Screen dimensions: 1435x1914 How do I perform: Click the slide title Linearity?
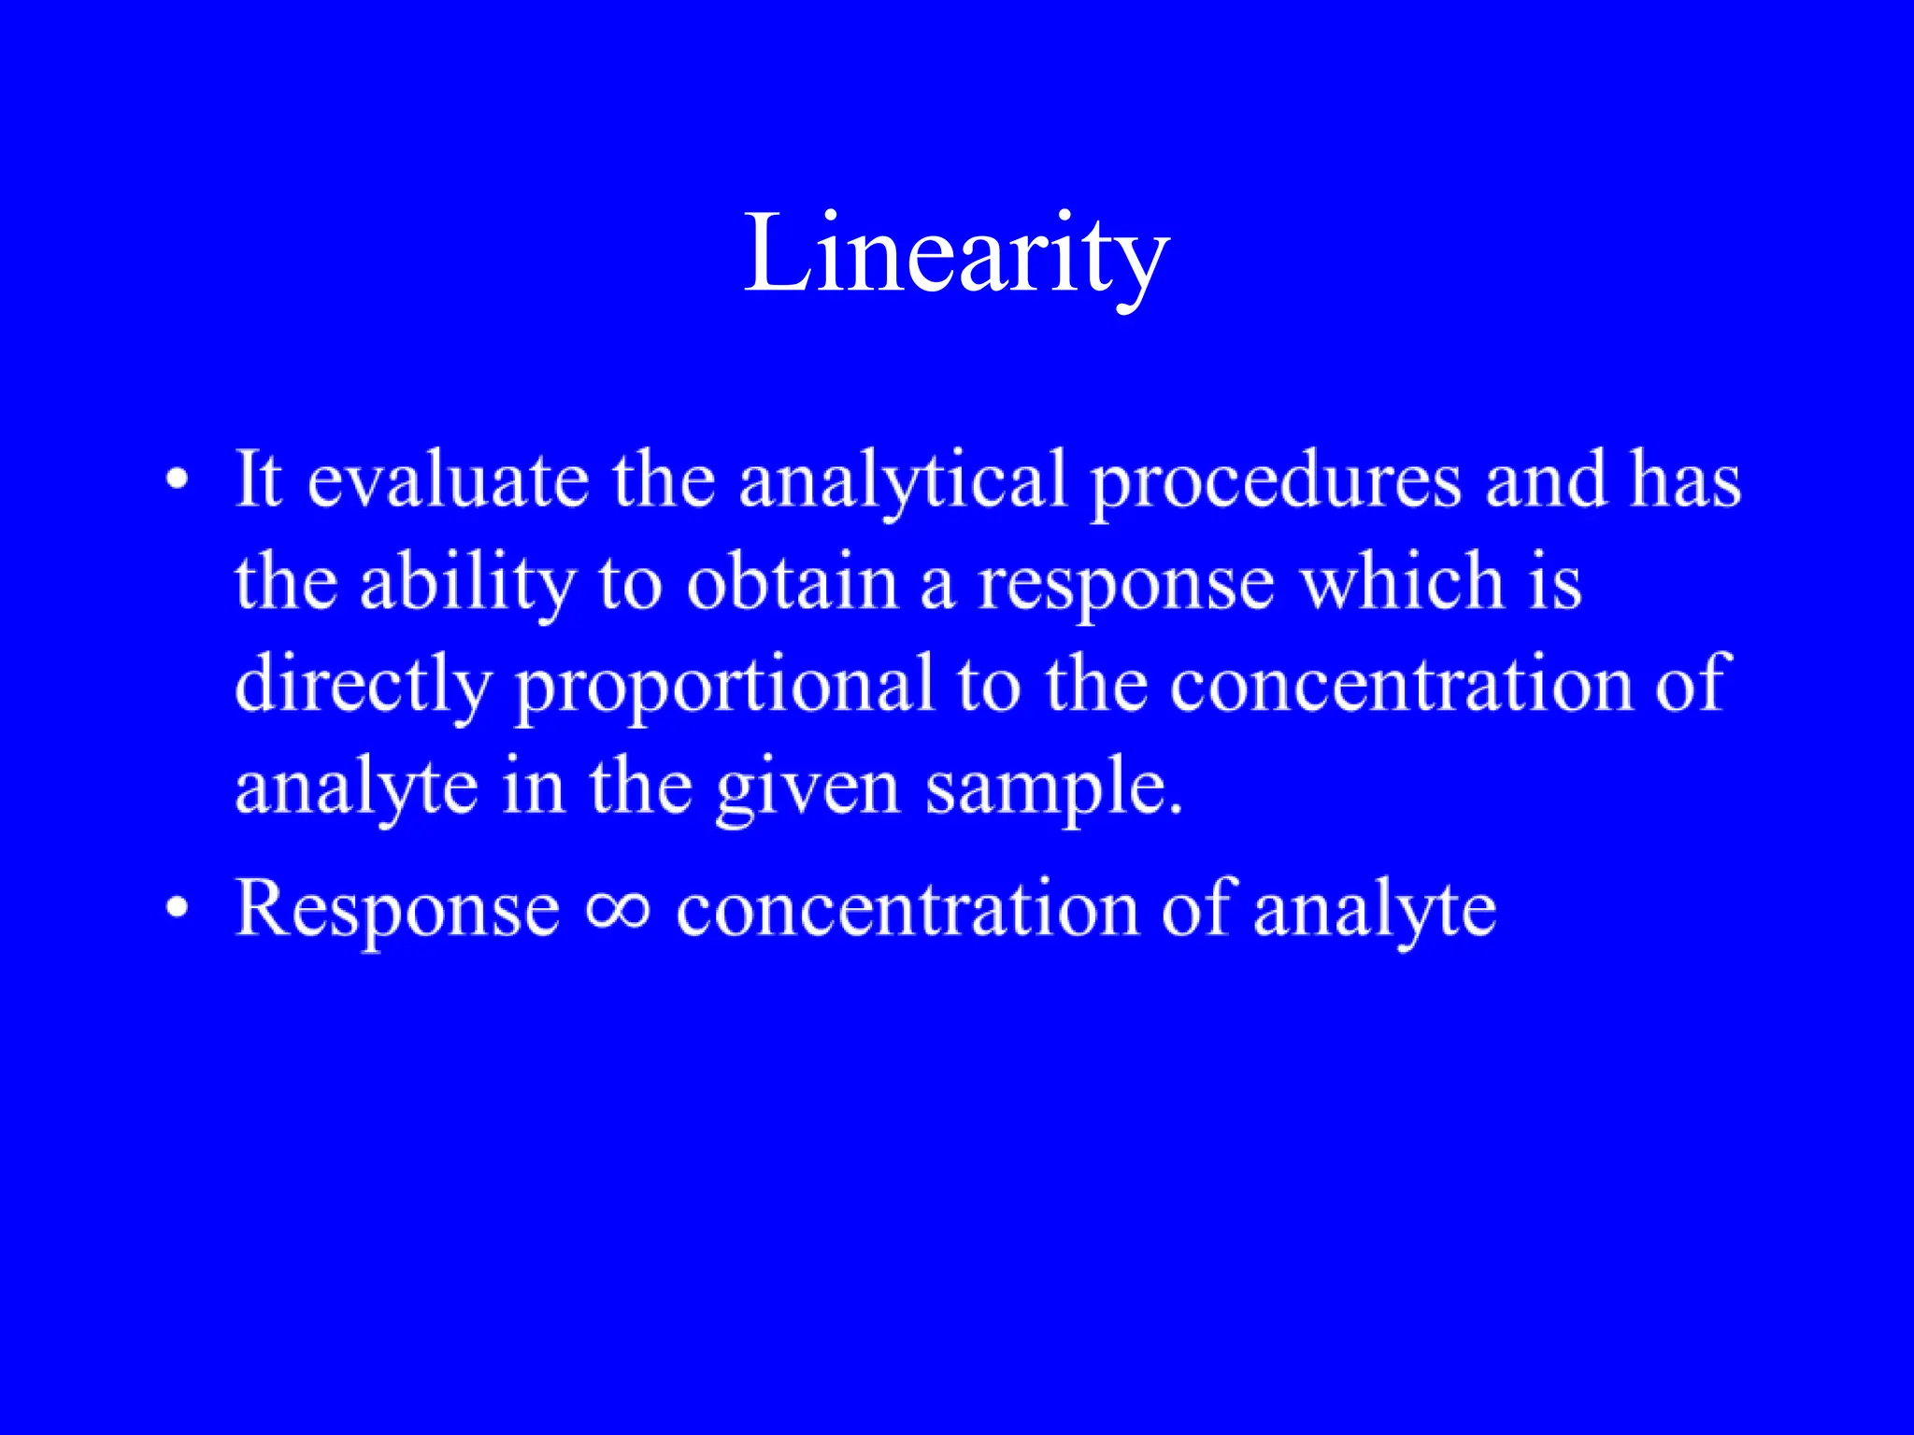pyautogui.click(x=956, y=254)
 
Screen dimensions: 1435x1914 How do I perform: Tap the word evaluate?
pyautogui.click(x=448, y=480)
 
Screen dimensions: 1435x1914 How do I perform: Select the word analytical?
pyautogui.click(x=903, y=480)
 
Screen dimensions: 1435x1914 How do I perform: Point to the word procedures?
pyautogui.click(x=1276, y=480)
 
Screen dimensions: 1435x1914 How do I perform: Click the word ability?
pyautogui.click(x=467, y=583)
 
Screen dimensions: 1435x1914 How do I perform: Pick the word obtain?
pyautogui.click(x=792, y=583)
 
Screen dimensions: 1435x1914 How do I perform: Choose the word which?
pyautogui.click(x=1402, y=583)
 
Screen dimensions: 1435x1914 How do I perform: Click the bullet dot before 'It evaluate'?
pyautogui.click(x=177, y=482)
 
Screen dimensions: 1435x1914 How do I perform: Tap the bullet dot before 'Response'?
pyautogui.click(x=177, y=908)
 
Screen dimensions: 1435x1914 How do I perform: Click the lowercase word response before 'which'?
pyautogui.click(x=1126, y=585)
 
